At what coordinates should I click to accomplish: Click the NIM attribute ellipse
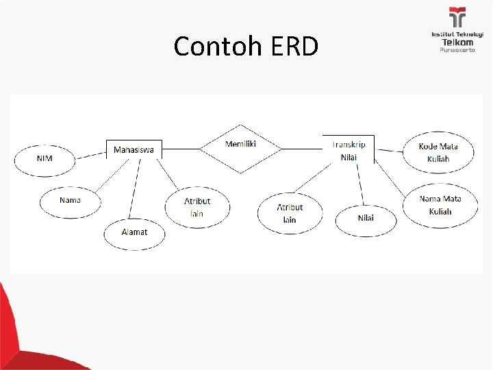pyautogui.click(x=45, y=159)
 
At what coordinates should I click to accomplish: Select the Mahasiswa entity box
pyautogui.click(x=134, y=149)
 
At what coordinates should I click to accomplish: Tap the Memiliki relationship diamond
pyautogui.click(x=240, y=148)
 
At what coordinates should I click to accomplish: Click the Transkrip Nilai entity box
pyautogui.click(x=349, y=150)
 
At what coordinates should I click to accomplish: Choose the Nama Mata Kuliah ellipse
pyautogui.click(x=440, y=205)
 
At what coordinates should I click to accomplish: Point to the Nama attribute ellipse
pyautogui.click(x=70, y=200)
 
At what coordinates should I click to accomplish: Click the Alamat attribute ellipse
pyautogui.click(x=134, y=232)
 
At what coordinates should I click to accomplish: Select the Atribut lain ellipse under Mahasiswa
pyautogui.click(x=197, y=207)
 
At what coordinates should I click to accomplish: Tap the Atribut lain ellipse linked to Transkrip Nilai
pyautogui.click(x=290, y=213)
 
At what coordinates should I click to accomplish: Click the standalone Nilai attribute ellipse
pyautogui.click(x=366, y=219)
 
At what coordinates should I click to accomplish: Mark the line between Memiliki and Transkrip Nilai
pyautogui.click(x=302, y=148)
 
